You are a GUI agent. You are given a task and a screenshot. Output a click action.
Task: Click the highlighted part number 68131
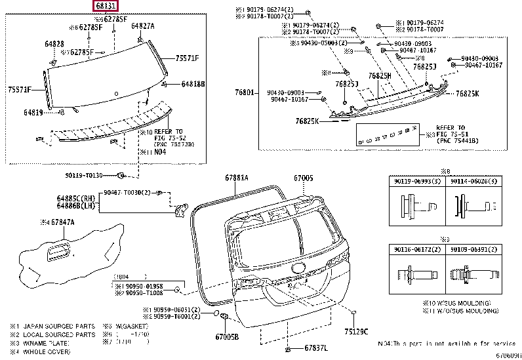point(106,7)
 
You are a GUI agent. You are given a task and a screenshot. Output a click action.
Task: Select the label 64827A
point(142,26)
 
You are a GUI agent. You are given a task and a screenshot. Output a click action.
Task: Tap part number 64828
point(54,43)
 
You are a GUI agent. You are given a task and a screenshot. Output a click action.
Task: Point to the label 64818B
point(193,84)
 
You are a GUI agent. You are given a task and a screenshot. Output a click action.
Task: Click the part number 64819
point(33,113)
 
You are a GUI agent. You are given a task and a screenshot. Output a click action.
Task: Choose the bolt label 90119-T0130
point(84,175)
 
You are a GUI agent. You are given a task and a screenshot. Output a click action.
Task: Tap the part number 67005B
point(228,336)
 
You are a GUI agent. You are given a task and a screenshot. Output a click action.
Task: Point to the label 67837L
point(316,348)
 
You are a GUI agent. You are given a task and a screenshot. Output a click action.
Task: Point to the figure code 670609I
point(508,356)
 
